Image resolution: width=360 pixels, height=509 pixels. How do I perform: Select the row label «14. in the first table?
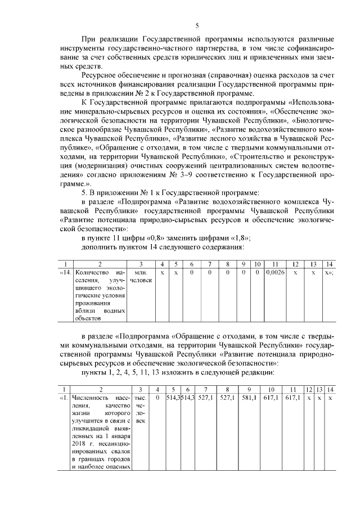pyautogui.click(x=65, y=272)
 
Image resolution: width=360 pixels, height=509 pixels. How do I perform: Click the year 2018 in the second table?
pyautogui.click(x=79, y=443)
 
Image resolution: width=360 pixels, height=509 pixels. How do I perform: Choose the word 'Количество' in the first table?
pyautogui.click(x=89, y=272)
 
